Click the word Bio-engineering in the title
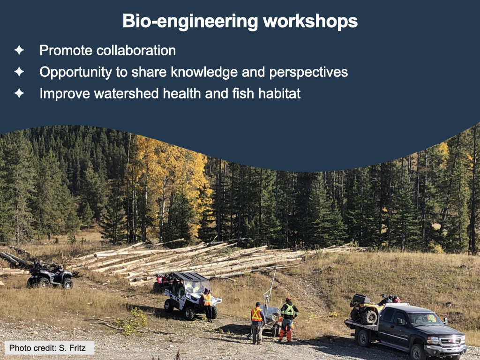[190, 22]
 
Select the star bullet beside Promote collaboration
[19, 50]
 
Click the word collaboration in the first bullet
[136, 51]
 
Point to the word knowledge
[204, 72]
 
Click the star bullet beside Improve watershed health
[19, 93]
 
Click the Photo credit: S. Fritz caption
[50, 348]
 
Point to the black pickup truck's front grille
[450, 341]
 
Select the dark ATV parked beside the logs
[50, 275]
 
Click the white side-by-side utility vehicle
[190, 295]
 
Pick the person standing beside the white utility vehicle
[207, 305]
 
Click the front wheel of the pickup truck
[417, 352]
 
